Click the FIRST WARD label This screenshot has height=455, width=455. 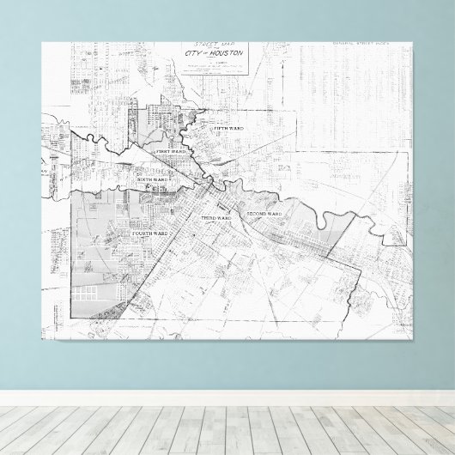(170, 152)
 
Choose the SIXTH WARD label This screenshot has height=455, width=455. (162, 179)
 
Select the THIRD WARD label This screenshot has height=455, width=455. (215, 219)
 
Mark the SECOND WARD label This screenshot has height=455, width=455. (264, 212)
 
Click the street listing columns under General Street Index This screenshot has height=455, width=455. (354, 86)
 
